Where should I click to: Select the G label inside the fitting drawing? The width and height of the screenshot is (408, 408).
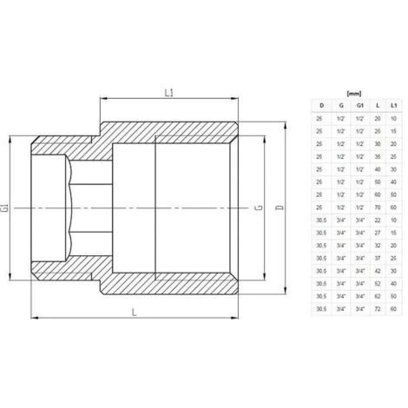pos(252,208)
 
